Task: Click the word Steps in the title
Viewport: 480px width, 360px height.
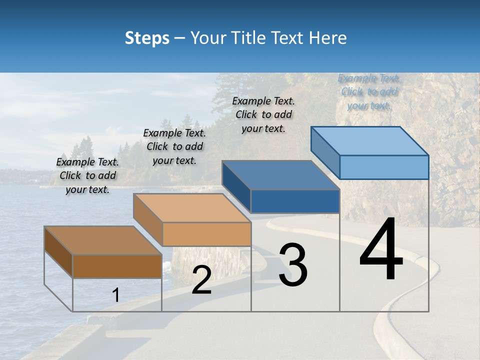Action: click(147, 38)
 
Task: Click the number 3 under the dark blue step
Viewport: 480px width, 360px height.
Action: click(293, 265)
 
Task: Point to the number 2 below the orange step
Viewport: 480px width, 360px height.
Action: click(201, 280)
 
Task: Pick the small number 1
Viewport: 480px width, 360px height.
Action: click(116, 295)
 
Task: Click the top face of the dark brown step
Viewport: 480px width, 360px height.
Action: click(102, 240)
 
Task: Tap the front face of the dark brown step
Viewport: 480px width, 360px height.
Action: click(117, 266)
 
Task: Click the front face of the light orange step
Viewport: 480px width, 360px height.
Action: click(206, 233)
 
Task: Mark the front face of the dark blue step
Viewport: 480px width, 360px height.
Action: click(295, 201)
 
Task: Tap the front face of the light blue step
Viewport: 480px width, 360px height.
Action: click(384, 167)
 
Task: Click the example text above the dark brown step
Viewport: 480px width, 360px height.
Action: click(87, 175)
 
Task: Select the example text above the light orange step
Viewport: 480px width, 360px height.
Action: click(174, 146)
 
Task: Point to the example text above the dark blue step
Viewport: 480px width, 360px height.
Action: click(263, 114)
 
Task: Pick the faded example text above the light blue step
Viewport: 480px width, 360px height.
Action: click(369, 91)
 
